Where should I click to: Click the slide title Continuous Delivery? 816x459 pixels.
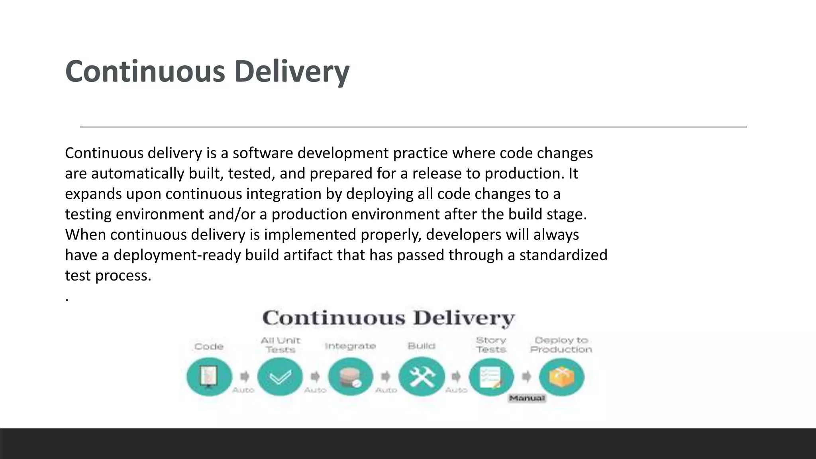click(x=207, y=72)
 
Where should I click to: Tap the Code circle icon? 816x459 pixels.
click(x=209, y=377)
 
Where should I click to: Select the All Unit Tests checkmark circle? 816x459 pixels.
click(x=280, y=377)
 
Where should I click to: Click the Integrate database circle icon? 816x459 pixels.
click(x=351, y=377)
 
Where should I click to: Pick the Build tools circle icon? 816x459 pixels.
click(x=422, y=377)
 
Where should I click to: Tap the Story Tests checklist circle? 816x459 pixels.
click(x=491, y=377)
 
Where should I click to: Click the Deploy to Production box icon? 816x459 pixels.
click(x=561, y=377)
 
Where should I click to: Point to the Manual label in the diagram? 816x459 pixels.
click(x=527, y=398)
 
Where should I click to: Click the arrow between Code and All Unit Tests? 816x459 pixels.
click(x=245, y=376)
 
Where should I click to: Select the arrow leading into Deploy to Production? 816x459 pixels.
click(x=527, y=376)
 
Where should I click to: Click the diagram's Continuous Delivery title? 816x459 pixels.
click(x=388, y=318)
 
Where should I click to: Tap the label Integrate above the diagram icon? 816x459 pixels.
click(x=350, y=346)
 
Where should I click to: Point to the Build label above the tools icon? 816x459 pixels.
click(x=422, y=346)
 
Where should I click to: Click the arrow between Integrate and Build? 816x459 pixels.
click(x=386, y=376)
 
